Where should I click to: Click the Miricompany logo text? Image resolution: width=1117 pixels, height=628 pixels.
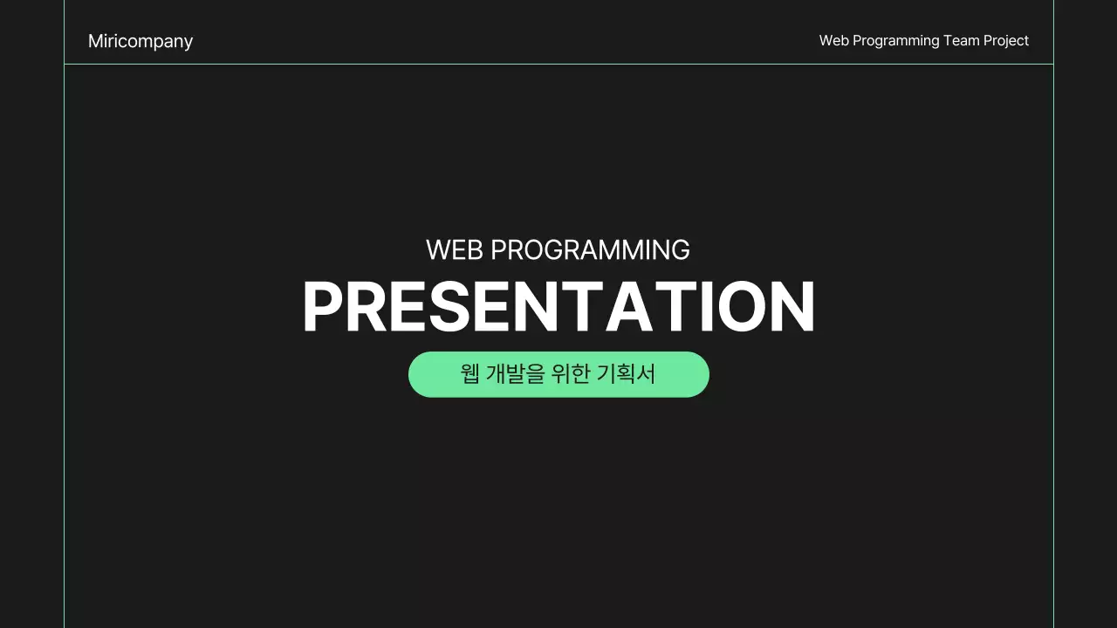[140, 41]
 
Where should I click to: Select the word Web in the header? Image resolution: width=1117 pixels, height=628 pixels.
[833, 40]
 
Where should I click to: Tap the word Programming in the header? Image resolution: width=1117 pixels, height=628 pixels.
[895, 41]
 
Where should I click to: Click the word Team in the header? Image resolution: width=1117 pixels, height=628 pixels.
[961, 40]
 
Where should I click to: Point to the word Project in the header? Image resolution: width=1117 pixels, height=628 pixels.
[1006, 41]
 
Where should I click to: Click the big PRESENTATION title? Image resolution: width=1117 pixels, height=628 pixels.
[558, 307]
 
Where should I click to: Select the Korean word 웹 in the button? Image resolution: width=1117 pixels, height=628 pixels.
[469, 374]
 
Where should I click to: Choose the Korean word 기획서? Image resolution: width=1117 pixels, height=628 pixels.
[626, 374]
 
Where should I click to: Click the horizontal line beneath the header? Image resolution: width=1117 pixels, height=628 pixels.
[558, 64]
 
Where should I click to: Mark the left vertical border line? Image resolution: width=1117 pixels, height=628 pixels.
[65, 349]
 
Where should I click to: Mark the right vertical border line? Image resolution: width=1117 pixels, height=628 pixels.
[1053, 349]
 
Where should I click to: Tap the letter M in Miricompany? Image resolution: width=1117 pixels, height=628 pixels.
[95, 41]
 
